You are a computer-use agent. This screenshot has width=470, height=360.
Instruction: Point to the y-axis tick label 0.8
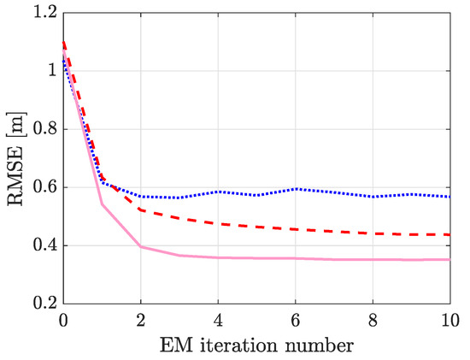[41, 129]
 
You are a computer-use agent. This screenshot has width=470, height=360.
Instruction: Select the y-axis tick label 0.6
[41, 187]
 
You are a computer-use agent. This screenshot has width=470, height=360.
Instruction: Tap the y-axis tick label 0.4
[41, 245]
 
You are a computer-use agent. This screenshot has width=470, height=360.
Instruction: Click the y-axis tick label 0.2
[41, 304]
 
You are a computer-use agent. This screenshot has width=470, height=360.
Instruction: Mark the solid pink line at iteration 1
[102, 204]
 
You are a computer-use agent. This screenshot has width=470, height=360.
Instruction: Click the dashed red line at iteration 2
[140, 210]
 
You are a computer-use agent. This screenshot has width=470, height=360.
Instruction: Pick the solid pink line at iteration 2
[140, 246]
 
